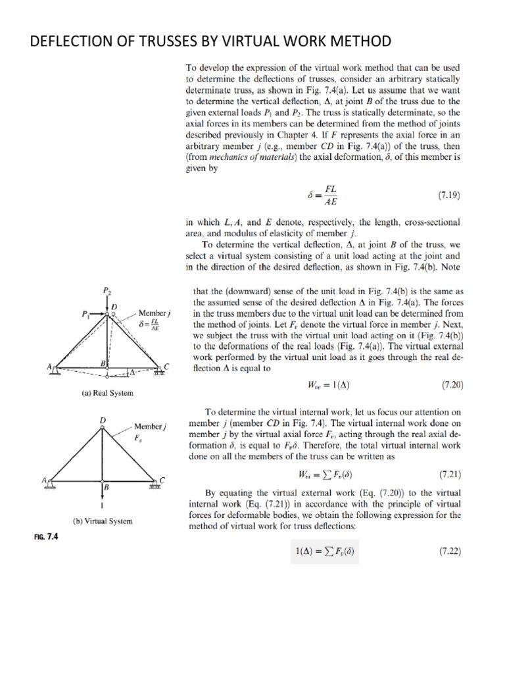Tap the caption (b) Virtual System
pyautogui.click(x=103, y=521)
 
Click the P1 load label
pyautogui.click(x=84, y=314)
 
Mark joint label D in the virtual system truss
pyautogui.click(x=102, y=419)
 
